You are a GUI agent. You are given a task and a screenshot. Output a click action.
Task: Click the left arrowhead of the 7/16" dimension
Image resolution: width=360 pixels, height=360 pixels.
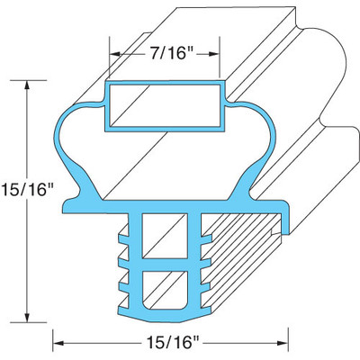(x=112, y=51)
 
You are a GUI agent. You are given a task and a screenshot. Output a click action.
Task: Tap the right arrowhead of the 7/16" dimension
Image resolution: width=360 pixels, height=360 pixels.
(x=216, y=51)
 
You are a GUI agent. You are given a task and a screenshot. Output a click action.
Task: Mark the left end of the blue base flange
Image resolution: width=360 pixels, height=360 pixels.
(x=69, y=212)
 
